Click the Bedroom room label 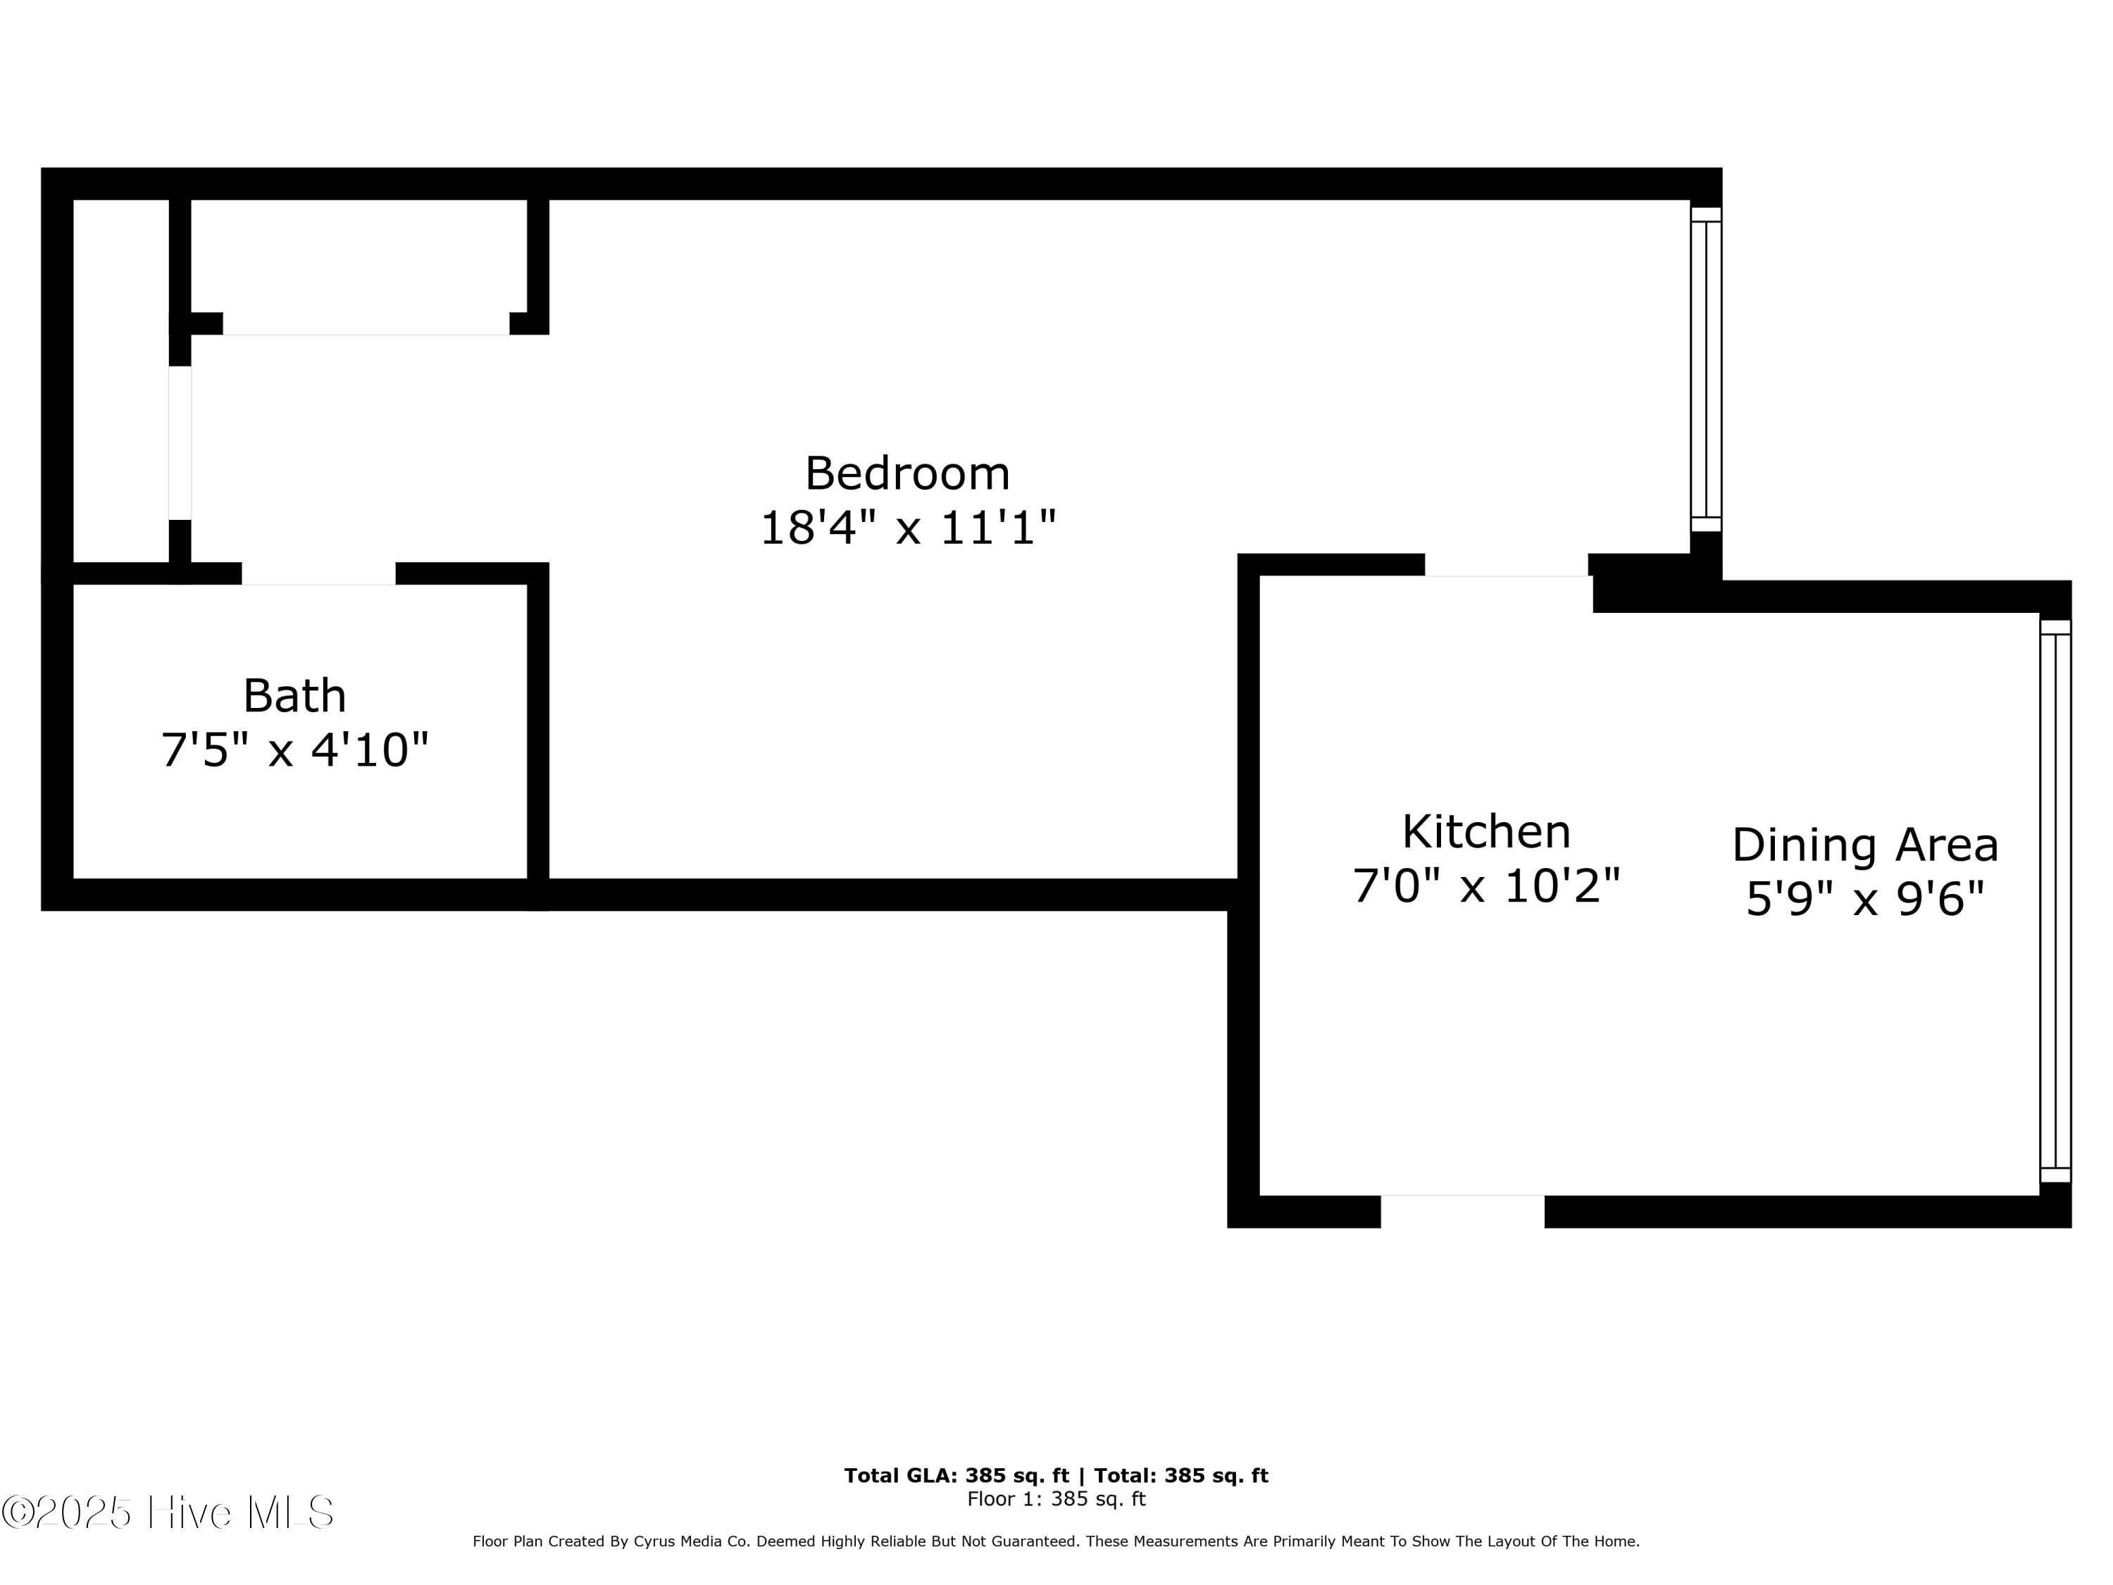(x=906, y=474)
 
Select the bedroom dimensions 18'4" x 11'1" (x=907, y=528)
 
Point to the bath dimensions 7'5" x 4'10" (x=294, y=750)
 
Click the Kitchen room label (x=1485, y=831)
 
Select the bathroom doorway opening (x=318, y=573)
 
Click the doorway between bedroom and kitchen (x=1507, y=566)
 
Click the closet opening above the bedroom (x=366, y=324)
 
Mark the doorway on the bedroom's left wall (x=180, y=443)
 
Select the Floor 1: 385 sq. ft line (x=1056, y=1499)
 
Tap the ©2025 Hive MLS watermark (x=168, y=1512)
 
